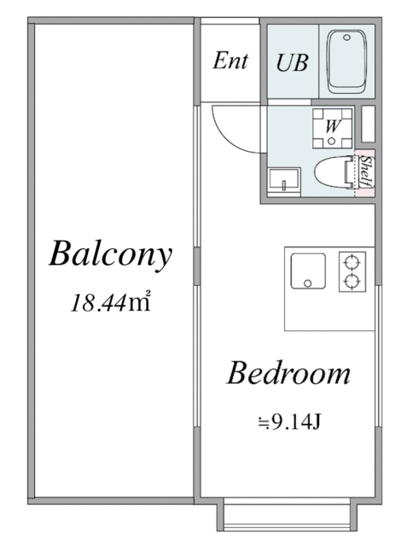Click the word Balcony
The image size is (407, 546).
[111, 253]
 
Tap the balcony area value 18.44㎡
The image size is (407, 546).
[111, 302]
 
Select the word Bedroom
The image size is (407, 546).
[288, 373]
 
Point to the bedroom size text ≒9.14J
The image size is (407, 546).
[288, 420]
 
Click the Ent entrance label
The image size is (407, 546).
[230, 61]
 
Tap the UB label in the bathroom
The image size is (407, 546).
[292, 62]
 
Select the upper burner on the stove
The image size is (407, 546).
[352, 260]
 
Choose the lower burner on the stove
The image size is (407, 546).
[352, 281]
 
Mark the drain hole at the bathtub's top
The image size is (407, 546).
[346, 37]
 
